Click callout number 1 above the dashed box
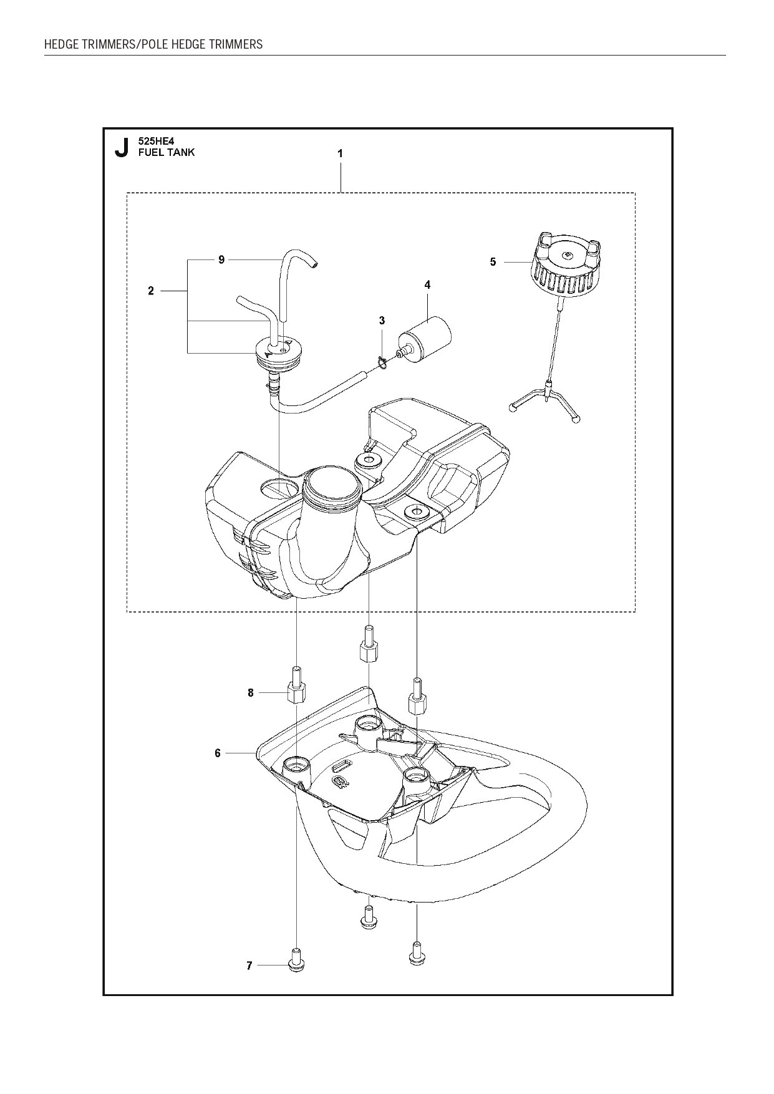point(340,153)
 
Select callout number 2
point(151,291)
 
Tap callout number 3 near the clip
point(382,321)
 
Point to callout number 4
point(427,285)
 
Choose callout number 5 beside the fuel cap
point(493,262)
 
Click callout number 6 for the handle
point(218,753)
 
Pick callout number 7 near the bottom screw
point(249,984)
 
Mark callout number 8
point(251,693)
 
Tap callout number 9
point(221,260)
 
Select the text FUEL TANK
point(167,153)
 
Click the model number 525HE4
point(156,142)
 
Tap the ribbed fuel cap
point(567,262)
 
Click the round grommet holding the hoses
point(276,352)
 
